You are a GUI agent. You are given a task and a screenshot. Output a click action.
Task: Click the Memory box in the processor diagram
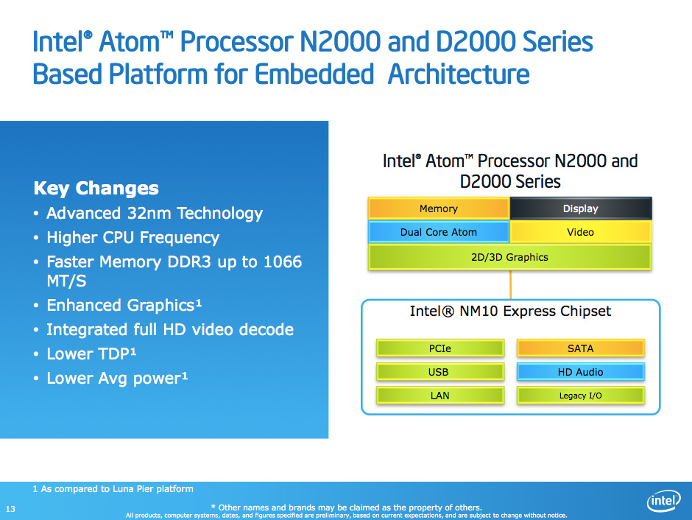(x=439, y=208)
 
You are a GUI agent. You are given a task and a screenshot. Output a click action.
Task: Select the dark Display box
(x=581, y=208)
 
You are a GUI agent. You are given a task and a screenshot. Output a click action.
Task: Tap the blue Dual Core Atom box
(x=439, y=232)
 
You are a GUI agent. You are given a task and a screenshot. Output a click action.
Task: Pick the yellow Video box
(x=581, y=232)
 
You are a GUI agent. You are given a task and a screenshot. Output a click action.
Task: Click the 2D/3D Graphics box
(x=509, y=257)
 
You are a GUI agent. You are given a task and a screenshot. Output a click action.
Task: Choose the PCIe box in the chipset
(x=440, y=348)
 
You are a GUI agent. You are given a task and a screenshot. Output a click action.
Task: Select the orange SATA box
(x=580, y=348)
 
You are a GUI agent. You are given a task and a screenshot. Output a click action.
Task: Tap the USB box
(x=440, y=372)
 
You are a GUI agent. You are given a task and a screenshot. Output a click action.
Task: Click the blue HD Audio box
(x=580, y=372)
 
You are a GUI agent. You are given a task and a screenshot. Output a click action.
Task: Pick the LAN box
(x=440, y=396)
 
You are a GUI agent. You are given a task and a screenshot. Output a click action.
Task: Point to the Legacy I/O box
(x=580, y=396)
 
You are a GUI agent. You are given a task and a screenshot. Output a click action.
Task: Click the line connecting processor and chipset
(x=511, y=285)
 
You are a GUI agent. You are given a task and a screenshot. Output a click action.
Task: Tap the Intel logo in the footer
(x=663, y=501)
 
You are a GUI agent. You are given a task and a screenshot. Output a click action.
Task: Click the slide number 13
(x=10, y=509)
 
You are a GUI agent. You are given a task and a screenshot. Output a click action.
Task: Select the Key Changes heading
(x=96, y=189)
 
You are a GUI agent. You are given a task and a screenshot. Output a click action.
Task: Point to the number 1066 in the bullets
(x=283, y=261)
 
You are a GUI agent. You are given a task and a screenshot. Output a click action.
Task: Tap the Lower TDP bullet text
(x=91, y=354)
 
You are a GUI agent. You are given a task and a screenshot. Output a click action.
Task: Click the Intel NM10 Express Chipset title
(x=510, y=312)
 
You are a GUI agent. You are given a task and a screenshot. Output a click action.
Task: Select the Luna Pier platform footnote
(x=113, y=488)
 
